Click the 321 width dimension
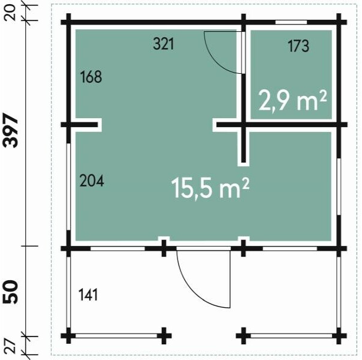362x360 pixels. tap(164, 44)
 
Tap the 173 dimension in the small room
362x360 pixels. tap(298, 46)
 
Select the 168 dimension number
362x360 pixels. tap(91, 77)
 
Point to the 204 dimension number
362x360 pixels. tap(92, 181)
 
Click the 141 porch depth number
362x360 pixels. tap(88, 295)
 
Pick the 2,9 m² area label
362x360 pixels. tap(292, 101)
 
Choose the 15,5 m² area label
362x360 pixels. tap(210, 188)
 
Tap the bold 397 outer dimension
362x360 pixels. tap(10, 130)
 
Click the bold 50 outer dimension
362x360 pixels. tap(10, 292)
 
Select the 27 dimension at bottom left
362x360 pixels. tap(10, 346)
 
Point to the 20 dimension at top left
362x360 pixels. tap(10, 13)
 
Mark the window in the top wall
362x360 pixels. tap(291, 22)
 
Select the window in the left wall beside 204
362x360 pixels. tap(68, 187)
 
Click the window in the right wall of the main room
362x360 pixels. tap(339, 187)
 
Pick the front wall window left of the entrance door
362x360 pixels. tap(117, 248)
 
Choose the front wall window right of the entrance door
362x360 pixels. tap(289, 248)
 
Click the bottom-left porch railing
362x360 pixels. tap(116, 336)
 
